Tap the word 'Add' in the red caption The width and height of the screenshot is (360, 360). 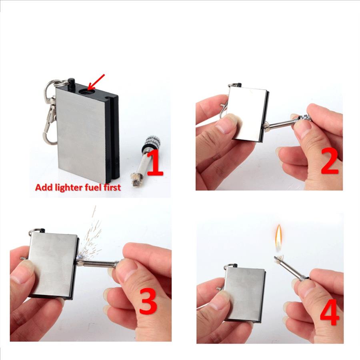(x=42, y=187)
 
